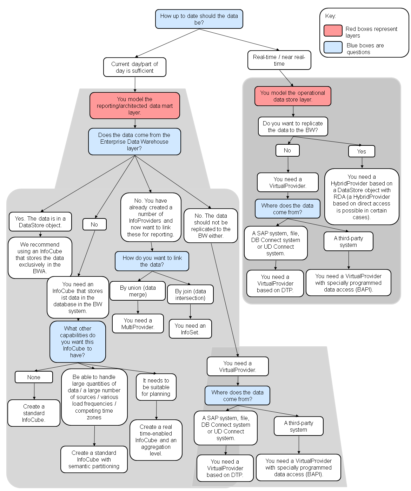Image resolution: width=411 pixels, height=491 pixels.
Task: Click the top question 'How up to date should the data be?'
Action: (x=199, y=19)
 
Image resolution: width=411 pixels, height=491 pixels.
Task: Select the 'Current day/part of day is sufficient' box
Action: (x=134, y=67)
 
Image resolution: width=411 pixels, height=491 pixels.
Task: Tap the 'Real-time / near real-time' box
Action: (x=279, y=60)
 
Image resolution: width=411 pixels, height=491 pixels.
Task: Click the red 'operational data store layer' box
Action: (x=293, y=96)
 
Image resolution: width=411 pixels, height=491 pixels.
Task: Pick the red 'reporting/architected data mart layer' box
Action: (x=134, y=106)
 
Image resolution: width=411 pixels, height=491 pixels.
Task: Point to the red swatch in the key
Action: (x=333, y=31)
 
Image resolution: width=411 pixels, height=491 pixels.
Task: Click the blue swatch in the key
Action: (x=333, y=47)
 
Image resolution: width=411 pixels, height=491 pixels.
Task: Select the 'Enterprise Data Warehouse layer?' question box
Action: (x=134, y=142)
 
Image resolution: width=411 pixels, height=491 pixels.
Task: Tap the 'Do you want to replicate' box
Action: (x=293, y=126)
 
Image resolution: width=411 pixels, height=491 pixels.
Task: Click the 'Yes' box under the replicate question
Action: (x=362, y=151)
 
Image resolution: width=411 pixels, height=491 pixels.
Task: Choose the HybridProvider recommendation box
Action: (x=362, y=197)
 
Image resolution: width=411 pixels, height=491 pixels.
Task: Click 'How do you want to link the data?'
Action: (x=152, y=261)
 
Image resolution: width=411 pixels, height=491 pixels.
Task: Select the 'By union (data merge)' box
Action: (x=138, y=291)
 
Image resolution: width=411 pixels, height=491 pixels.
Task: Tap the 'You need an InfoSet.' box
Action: (x=190, y=329)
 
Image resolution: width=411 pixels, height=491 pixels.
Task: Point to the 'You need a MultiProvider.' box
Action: (x=138, y=323)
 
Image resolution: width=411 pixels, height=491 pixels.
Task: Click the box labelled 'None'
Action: (x=34, y=377)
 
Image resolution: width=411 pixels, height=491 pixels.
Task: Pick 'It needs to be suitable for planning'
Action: (x=156, y=387)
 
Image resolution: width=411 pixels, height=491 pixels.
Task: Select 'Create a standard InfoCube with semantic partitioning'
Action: (x=94, y=459)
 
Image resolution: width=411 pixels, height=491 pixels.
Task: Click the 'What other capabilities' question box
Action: (x=78, y=342)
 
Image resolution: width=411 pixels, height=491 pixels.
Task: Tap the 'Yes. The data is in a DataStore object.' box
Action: (x=40, y=222)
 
